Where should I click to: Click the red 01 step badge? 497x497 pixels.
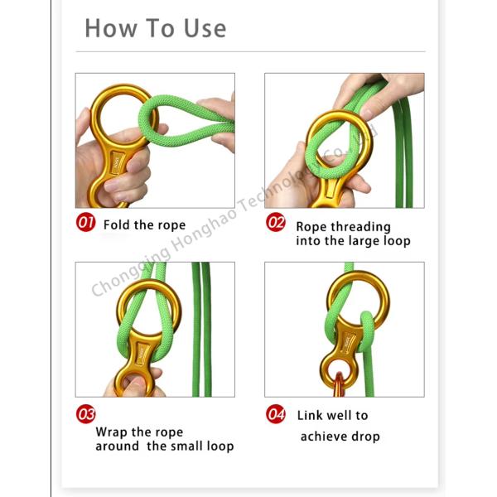pos(85,222)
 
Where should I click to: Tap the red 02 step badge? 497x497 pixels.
pos(276,222)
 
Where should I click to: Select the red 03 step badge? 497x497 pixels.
pos(85,414)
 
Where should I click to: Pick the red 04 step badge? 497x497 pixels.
pos(276,414)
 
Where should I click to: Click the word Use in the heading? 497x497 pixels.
pos(205,28)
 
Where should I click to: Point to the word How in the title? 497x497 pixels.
pos(111,28)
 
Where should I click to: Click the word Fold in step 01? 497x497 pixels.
pos(117,224)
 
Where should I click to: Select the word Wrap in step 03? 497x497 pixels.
pos(112,432)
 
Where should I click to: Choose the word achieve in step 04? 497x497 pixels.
pos(323,437)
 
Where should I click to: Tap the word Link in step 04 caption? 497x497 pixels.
pos(309,415)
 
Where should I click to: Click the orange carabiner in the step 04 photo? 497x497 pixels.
pos(339,385)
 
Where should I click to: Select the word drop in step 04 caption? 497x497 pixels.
pos(366,437)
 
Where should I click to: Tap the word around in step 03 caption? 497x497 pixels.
pos(118,446)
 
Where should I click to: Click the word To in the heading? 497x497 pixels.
pos(160,28)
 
